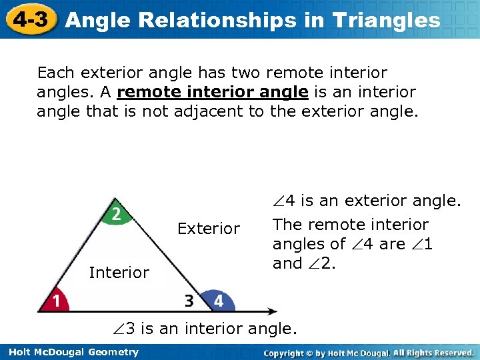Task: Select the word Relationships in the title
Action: tap(230, 21)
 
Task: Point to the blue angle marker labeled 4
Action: tap(217, 301)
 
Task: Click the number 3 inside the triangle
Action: tap(189, 301)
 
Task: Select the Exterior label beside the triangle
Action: tap(208, 229)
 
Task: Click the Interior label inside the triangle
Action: tap(119, 273)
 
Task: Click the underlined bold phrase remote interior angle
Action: tap(216, 91)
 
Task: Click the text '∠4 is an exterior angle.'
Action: tap(367, 200)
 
